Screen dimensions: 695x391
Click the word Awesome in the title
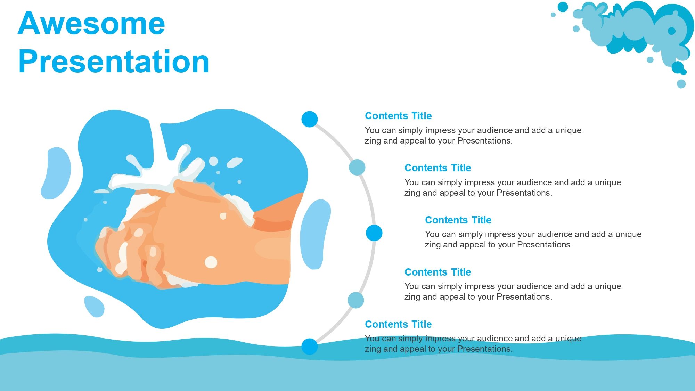(x=91, y=24)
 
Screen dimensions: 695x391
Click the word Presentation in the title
(x=114, y=62)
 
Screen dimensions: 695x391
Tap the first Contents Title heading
(x=398, y=116)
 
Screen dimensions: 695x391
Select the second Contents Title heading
(x=438, y=168)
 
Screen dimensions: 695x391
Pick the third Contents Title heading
(x=458, y=220)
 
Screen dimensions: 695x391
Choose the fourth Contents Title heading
(x=438, y=272)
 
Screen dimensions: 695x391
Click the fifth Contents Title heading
(x=398, y=324)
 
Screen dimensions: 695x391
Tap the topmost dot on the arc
(x=310, y=119)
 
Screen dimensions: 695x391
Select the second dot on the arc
(x=357, y=167)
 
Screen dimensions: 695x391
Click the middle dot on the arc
(x=374, y=233)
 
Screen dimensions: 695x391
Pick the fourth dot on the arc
(x=356, y=300)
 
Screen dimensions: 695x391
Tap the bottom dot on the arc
(x=310, y=347)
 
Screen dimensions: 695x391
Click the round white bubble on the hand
(x=211, y=262)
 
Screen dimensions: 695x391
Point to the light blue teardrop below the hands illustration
(x=94, y=306)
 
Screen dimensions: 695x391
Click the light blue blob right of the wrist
(x=315, y=234)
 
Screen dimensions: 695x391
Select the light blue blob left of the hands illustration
(x=56, y=173)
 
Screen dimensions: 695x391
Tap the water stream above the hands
(x=156, y=146)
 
